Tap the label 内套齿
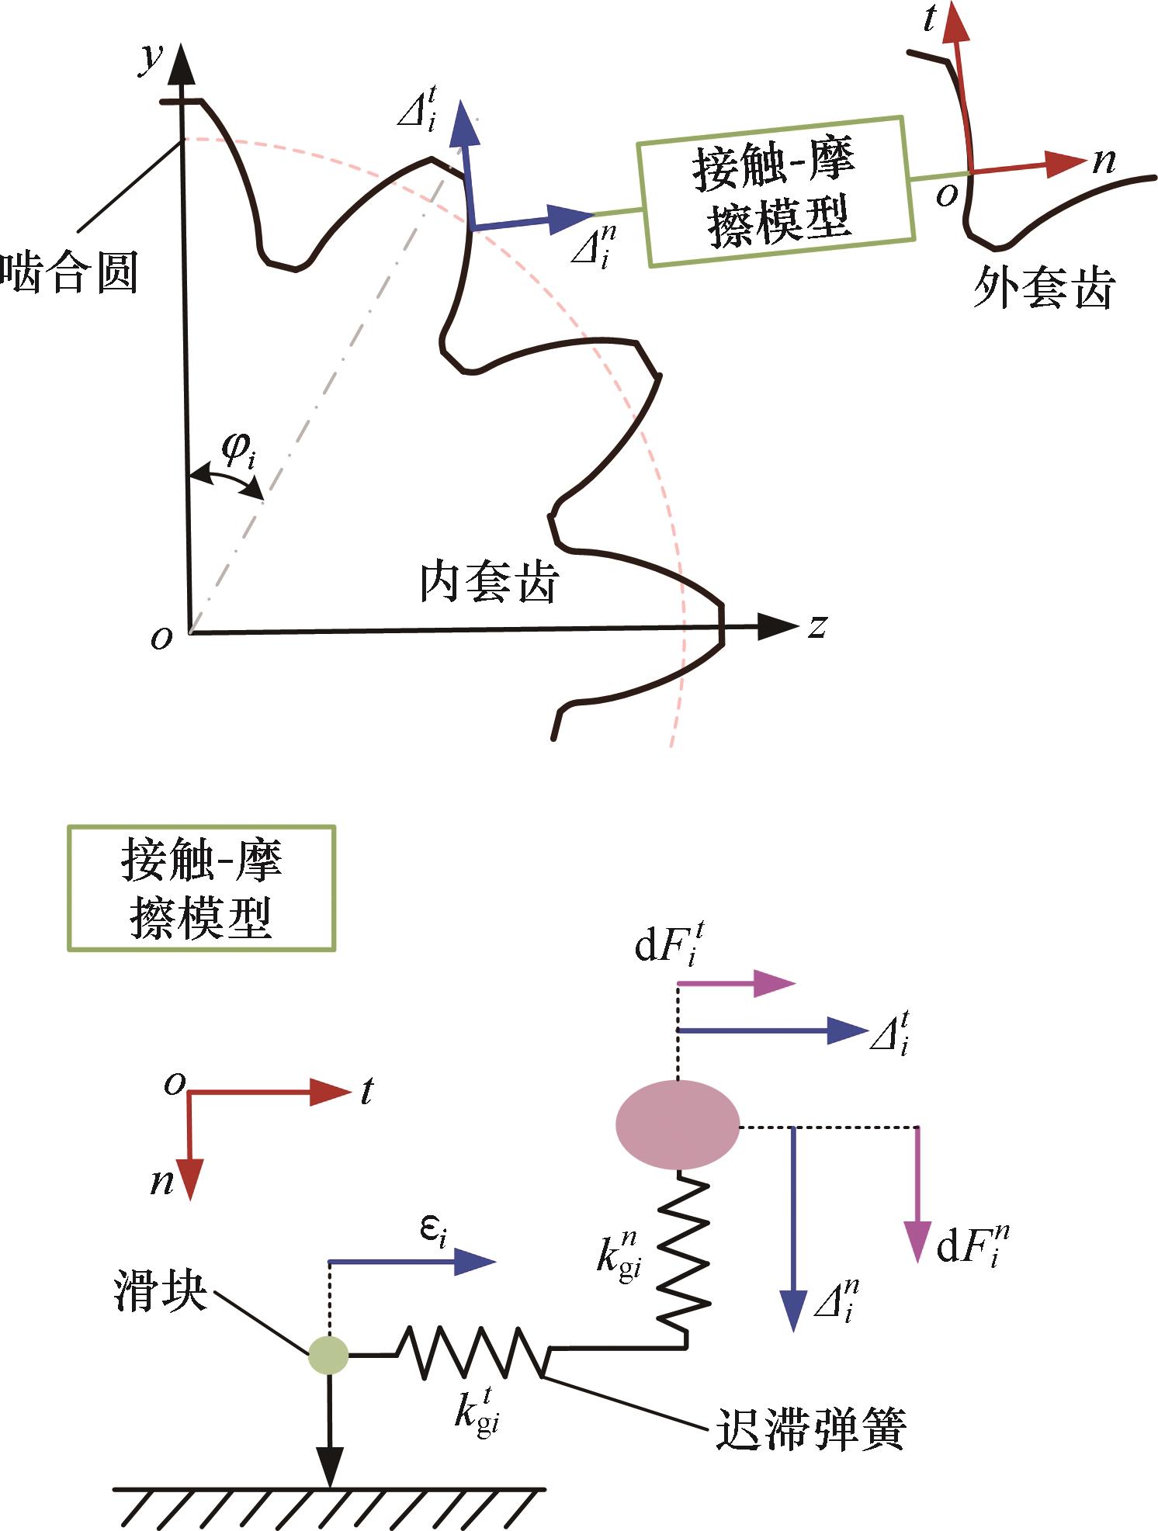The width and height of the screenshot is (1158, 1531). [x=489, y=583]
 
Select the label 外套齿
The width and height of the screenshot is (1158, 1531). [x=1043, y=289]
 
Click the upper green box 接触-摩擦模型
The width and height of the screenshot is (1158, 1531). [x=775, y=192]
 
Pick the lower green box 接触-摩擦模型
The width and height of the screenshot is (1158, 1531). [x=201, y=888]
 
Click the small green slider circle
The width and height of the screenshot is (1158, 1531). [x=328, y=1356]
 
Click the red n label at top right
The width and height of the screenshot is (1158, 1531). [x=1104, y=161]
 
